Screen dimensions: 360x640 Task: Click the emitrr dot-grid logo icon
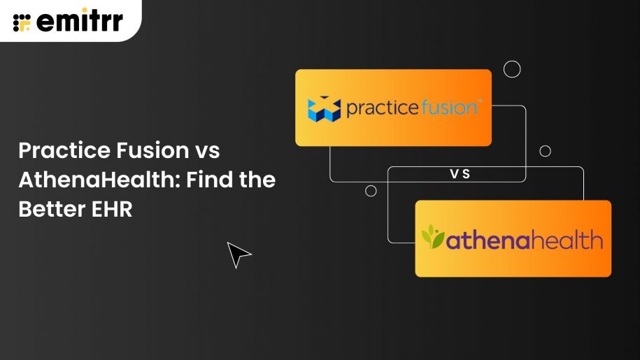[x=22, y=22]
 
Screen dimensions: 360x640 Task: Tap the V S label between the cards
[x=460, y=174]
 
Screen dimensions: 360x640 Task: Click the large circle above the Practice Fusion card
[x=512, y=69]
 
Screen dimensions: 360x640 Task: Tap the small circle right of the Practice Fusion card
[x=545, y=151]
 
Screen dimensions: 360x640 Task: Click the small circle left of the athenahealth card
[x=371, y=191]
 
